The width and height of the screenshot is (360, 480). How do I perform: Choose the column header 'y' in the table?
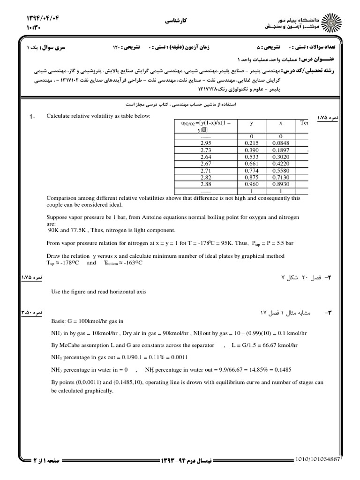[252, 123]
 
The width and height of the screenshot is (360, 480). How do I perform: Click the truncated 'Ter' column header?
[304, 123]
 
